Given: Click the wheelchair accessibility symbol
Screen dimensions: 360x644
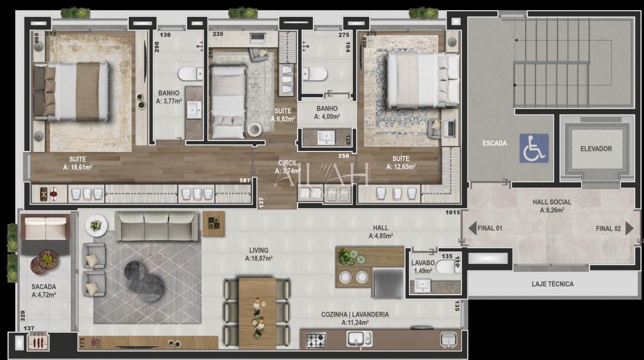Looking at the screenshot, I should click(533, 148).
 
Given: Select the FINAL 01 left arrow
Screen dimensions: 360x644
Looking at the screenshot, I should click(472, 228).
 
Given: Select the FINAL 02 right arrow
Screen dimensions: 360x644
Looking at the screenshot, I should click(629, 228).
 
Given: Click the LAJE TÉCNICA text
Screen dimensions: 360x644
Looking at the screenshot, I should click(552, 284).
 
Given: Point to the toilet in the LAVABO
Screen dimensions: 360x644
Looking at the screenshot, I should click(445, 268).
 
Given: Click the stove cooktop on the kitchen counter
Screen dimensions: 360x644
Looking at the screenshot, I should click(316, 340).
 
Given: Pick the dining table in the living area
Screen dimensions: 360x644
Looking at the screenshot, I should click(257, 312).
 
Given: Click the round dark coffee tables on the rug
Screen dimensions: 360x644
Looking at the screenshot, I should click(144, 281).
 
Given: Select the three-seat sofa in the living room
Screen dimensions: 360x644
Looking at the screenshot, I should click(157, 226).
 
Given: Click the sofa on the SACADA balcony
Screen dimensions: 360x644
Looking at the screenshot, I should click(45, 228).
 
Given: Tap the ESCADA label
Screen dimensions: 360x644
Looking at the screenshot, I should click(494, 144).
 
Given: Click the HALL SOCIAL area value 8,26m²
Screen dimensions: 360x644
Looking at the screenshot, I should click(552, 210).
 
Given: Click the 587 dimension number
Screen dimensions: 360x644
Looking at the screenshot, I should click(244, 181).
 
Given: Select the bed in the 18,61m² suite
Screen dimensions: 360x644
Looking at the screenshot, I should click(71, 92).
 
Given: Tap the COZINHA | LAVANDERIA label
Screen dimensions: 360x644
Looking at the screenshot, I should click(355, 314).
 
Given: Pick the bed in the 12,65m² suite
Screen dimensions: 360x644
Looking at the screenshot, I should click(422, 79).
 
